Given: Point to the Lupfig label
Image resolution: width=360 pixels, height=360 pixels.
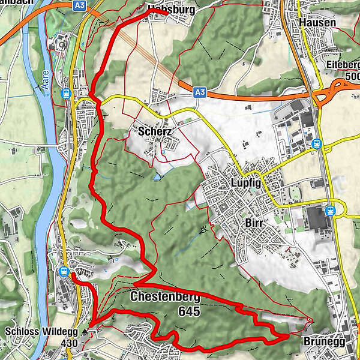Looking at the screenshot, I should tap(246, 183).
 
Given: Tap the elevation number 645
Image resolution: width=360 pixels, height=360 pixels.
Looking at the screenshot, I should tap(189, 311).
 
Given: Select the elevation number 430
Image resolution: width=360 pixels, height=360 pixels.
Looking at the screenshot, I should tap(69, 343).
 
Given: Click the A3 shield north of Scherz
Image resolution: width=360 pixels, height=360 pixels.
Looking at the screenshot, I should tap(200, 92).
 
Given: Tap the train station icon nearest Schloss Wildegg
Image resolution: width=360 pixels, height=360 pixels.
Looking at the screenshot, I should tap(64, 271).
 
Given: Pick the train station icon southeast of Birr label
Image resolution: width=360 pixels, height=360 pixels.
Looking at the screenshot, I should tap(329, 211).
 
